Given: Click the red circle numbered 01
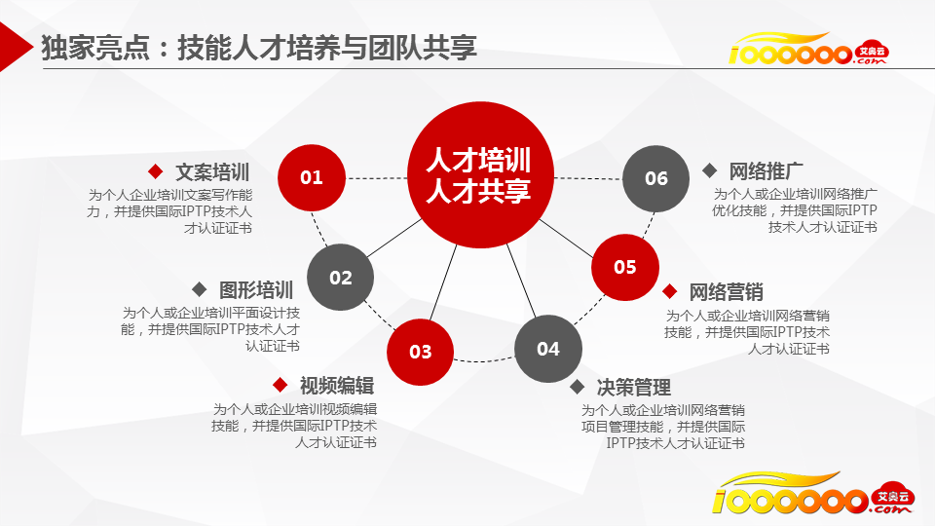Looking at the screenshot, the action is tap(312, 177).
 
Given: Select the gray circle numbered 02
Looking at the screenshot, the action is tap(341, 278).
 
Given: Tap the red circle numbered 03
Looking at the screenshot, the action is tap(421, 352).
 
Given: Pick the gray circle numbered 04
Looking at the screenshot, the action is tap(548, 349).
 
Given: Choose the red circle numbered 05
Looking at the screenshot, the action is tap(625, 267).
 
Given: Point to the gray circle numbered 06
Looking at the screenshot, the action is tap(655, 178).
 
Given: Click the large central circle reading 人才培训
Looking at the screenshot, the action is tap(480, 174).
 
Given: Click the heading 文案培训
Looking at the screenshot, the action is tap(212, 172).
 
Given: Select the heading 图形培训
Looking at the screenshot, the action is tap(256, 290).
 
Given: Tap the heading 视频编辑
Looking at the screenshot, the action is tap(337, 386).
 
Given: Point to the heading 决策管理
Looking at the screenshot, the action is tap(634, 388).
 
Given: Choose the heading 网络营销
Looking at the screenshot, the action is tap(727, 292).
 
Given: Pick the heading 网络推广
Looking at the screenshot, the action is tap(766, 171).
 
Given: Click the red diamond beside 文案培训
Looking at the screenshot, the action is tap(156, 171).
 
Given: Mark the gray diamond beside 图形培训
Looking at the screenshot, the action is tap(199, 290).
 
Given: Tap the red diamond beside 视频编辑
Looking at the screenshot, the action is tap(280, 385).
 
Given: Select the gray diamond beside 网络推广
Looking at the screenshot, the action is tap(710, 170).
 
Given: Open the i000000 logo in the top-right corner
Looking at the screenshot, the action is tap(808, 49).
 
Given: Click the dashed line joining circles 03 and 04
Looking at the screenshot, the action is tap(484, 360).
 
